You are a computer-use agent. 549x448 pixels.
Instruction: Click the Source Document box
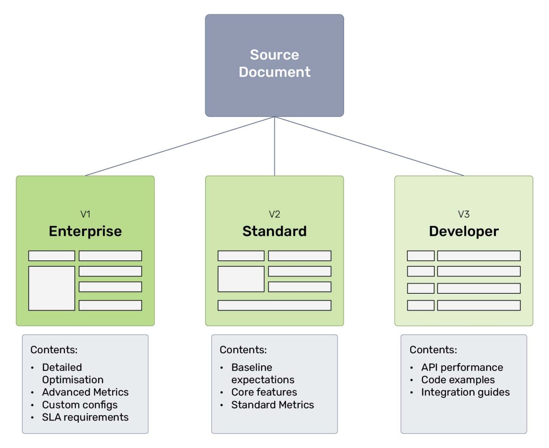(274, 65)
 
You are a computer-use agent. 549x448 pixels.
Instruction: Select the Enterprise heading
(85, 231)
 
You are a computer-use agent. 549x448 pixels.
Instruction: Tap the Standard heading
(274, 231)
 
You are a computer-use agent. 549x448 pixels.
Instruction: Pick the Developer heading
(464, 231)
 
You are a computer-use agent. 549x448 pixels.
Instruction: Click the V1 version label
(85, 214)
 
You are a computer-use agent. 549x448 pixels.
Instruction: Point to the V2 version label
(274, 214)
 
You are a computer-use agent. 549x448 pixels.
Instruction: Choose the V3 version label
(464, 214)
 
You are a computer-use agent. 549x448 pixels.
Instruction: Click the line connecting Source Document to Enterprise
(179, 146)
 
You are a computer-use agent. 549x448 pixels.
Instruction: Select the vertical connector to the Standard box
(274, 146)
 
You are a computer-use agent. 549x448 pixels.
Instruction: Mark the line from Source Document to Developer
(370, 146)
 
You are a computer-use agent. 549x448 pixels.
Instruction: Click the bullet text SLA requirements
(85, 417)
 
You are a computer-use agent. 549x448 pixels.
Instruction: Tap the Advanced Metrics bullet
(85, 392)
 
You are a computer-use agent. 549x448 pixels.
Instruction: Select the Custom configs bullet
(80, 405)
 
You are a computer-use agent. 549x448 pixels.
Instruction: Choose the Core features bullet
(264, 392)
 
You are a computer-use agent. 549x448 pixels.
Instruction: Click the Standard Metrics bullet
(272, 405)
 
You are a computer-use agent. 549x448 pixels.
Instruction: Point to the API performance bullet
(462, 367)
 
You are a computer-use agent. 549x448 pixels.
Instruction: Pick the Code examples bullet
(458, 380)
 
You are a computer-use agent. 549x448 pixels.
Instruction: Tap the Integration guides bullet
(465, 392)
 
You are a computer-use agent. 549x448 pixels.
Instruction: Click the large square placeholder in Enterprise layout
(52, 288)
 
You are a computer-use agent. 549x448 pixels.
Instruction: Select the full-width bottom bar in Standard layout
(274, 305)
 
